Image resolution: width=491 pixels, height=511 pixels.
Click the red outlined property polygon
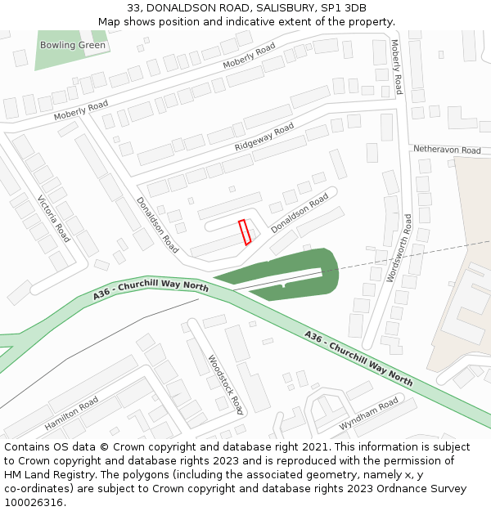point(244,232)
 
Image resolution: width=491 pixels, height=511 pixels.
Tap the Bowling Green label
point(73,45)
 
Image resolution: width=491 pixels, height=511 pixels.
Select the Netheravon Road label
point(447,150)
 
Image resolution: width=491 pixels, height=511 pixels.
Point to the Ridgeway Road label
point(264,137)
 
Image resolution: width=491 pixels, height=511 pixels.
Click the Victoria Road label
point(54,218)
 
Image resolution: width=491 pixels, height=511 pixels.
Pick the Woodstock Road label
point(226,384)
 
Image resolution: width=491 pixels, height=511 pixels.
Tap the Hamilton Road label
point(72,414)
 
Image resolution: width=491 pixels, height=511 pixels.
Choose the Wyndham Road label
point(368,415)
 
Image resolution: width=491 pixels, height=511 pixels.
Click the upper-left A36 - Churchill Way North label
point(151,288)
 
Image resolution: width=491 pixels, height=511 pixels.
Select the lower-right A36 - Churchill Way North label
point(358,357)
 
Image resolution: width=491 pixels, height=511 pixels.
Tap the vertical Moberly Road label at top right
point(397,66)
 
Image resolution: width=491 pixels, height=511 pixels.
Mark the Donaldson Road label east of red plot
point(300,213)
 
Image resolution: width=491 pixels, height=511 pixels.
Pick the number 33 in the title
point(134,9)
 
